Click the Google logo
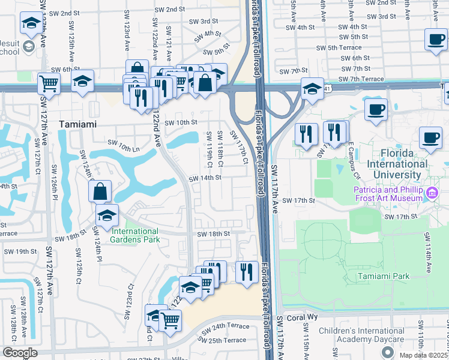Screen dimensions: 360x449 click(20, 353)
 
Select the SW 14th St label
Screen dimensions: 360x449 click(202, 179)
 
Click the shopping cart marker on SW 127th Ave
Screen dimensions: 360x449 click(49, 83)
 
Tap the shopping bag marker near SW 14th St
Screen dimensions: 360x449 click(100, 191)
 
